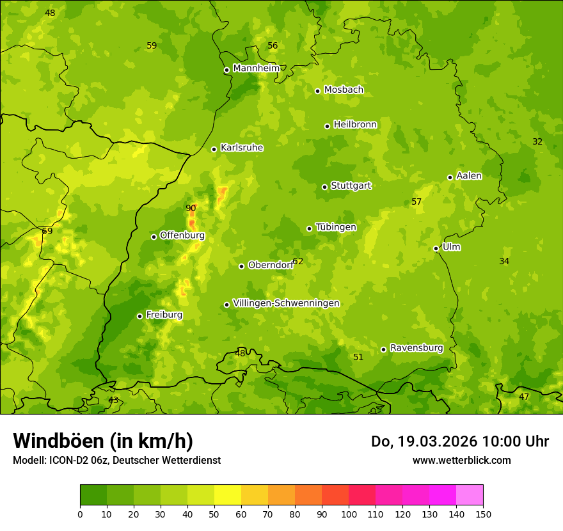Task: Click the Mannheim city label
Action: click(x=257, y=68)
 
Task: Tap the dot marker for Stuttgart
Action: click(x=324, y=187)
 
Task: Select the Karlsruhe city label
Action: click(x=242, y=148)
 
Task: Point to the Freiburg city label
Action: click(x=164, y=315)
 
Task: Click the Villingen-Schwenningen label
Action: click(x=286, y=303)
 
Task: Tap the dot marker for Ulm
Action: click(x=436, y=248)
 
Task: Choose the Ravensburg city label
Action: click(x=416, y=348)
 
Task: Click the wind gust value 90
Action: click(x=191, y=208)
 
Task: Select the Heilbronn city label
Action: click(x=355, y=125)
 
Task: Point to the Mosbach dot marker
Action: click(x=317, y=91)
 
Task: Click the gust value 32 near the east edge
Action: click(x=537, y=141)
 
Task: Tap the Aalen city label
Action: click(x=469, y=176)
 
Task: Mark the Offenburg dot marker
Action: click(x=154, y=237)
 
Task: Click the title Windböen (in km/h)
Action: click(x=103, y=441)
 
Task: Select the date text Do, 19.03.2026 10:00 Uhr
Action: click(x=459, y=441)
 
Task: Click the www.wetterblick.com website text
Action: click(x=461, y=460)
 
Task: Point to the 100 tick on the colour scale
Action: click(x=349, y=514)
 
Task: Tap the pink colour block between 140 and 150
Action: click(x=470, y=495)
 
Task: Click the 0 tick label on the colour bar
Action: click(x=80, y=514)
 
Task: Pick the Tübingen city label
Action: click(x=336, y=227)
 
